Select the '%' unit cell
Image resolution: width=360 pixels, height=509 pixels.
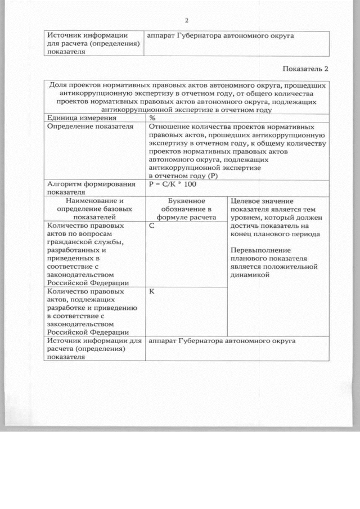point(152,119)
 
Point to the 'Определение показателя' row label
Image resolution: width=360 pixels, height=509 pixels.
point(91,127)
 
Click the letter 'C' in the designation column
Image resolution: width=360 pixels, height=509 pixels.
point(152,226)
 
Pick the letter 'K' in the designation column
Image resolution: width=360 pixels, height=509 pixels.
point(152,292)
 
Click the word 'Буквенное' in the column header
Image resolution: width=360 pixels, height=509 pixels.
point(186,201)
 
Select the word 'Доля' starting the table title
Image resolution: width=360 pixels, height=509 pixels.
point(58,86)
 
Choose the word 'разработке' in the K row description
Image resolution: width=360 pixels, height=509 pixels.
point(67,308)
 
